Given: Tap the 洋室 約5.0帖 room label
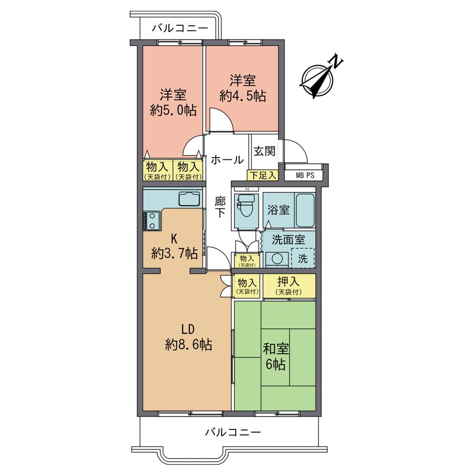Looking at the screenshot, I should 172,102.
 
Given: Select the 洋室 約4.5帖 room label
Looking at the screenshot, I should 242,87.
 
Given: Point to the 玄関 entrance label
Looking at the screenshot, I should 264,151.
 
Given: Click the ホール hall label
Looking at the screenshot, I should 227,160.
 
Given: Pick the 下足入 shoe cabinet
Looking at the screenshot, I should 262,175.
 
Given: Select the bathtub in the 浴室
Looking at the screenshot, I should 303,211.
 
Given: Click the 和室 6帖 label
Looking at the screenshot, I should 275,357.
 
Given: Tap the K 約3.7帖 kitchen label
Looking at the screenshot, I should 175,246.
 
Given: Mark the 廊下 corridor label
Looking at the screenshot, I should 219,208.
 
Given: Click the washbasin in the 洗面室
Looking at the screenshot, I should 275,259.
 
